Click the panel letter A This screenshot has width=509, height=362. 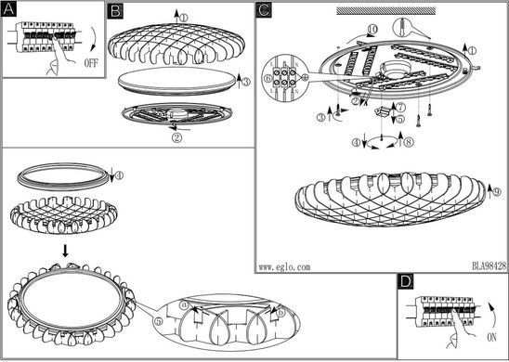click(x=8, y=10)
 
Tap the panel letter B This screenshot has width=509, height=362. click(x=115, y=11)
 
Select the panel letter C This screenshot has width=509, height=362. click(x=264, y=10)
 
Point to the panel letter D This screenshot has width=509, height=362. click(x=406, y=281)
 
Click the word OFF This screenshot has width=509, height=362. click(x=91, y=62)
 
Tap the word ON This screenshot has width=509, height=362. click(x=491, y=338)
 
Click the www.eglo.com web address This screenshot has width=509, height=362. click(x=284, y=267)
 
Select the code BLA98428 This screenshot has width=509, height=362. click(x=489, y=266)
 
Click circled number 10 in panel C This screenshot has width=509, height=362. click(x=372, y=30)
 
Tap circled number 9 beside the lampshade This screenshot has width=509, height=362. click(x=497, y=192)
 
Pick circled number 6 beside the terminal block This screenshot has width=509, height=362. click(x=268, y=78)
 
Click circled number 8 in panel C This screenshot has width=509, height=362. click(x=409, y=142)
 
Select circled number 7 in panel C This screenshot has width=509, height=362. click(x=401, y=107)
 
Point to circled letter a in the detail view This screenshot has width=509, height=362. click(x=185, y=304)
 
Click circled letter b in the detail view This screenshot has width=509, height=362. click(x=281, y=313)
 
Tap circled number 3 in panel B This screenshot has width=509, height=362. click(x=246, y=82)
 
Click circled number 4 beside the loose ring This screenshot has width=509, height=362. click(x=119, y=175)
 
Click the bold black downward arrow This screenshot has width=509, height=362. click(x=66, y=251)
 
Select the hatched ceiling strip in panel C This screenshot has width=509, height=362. click(x=386, y=10)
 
